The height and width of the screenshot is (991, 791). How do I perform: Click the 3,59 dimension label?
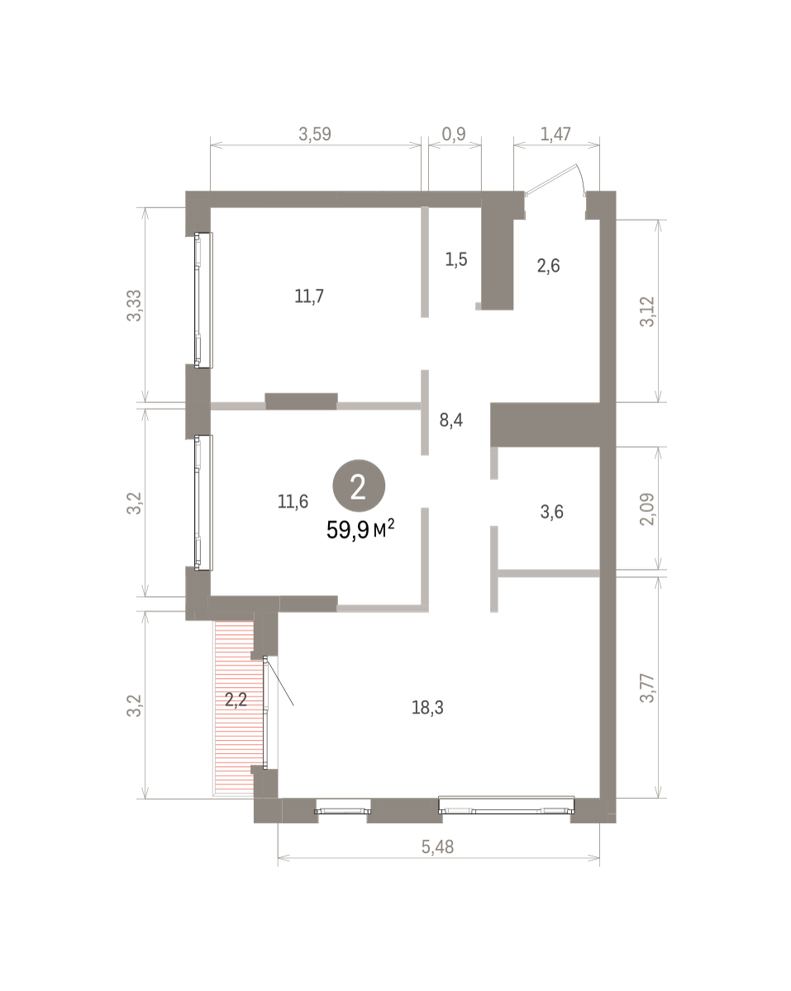tap(315, 134)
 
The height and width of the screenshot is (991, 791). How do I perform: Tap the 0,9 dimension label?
tap(454, 134)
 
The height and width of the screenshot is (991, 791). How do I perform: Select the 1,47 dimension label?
tap(555, 134)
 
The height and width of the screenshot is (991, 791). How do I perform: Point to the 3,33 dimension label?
tap(135, 306)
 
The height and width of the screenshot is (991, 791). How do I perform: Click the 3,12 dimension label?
tap(647, 312)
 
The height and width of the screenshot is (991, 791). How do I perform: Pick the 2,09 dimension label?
tap(647, 509)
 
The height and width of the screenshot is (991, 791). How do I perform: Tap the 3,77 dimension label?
tap(647, 688)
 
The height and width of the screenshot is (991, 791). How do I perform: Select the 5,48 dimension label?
tap(437, 846)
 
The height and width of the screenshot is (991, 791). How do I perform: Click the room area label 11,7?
tap(309, 296)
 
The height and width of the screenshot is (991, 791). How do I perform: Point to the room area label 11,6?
tap(293, 501)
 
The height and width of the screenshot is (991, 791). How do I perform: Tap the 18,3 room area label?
tap(427, 708)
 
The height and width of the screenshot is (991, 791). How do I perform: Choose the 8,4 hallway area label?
tap(451, 420)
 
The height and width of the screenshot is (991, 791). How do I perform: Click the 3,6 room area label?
tap(552, 512)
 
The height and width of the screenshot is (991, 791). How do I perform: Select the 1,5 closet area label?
tap(456, 259)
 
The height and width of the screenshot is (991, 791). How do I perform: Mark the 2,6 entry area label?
tap(549, 266)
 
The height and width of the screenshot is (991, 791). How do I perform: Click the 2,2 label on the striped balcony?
tap(236, 699)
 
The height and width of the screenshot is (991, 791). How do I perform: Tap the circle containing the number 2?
tap(359, 486)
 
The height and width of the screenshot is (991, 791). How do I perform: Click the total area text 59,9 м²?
tap(360, 529)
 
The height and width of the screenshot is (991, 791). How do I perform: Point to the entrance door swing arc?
tap(582, 178)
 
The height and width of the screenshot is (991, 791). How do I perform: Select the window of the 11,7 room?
tap(203, 301)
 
